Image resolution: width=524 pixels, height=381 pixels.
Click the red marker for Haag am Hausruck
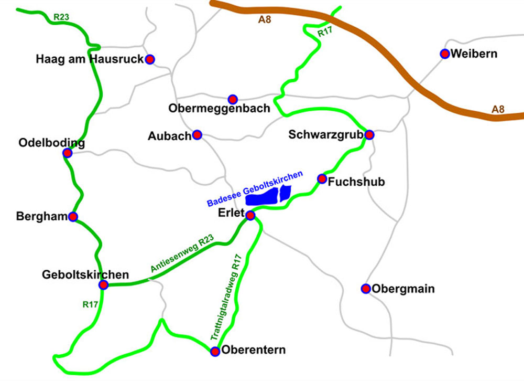tap(150, 59)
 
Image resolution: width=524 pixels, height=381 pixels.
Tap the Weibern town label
tap(474, 54)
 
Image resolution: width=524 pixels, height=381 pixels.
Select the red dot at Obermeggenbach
tap(233, 99)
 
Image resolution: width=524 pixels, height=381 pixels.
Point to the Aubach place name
tap(170, 136)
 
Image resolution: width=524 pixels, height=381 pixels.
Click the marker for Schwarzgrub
tap(369, 135)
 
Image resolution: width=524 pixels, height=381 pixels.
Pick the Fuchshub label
tap(356, 182)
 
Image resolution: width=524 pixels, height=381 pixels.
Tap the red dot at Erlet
tap(250, 215)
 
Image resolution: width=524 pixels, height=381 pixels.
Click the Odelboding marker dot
tap(67, 153)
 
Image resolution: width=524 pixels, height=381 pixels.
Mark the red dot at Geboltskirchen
tap(103, 284)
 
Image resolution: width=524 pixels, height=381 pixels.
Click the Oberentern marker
tap(215, 352)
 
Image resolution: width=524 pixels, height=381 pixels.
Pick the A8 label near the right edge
tap(498, 109)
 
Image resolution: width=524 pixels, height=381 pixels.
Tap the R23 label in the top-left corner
tap(61, 16)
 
